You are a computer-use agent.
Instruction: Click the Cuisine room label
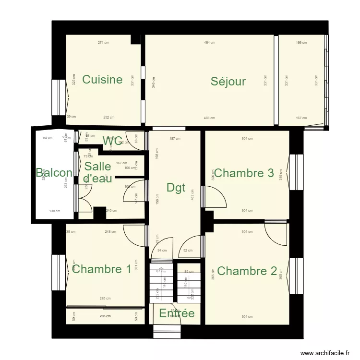pos(102,80)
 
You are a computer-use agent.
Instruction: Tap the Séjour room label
pos(228,81)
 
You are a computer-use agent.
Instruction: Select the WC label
pos(112,141)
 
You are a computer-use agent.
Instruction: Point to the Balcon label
pos(54,173)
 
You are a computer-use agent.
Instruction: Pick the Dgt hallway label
pos(176,188)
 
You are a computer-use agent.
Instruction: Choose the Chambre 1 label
pos(101,269)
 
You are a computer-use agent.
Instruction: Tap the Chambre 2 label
pos(247,271)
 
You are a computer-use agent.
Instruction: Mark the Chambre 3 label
pos(244,173)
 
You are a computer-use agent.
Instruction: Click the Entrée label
pos(177,313)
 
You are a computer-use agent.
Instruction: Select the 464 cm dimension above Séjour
pos(209,43)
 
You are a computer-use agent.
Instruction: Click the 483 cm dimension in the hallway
pos(192,197)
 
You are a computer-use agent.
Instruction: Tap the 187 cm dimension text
pos(175,139)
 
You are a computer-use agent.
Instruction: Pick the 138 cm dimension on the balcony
pos(55,211)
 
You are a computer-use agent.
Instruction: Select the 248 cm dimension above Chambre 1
pos(110,232)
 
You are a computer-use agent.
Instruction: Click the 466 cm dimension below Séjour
pos(209,118)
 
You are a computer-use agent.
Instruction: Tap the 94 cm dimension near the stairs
pos(162,250)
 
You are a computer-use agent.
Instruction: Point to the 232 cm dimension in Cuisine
pos(109,118)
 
